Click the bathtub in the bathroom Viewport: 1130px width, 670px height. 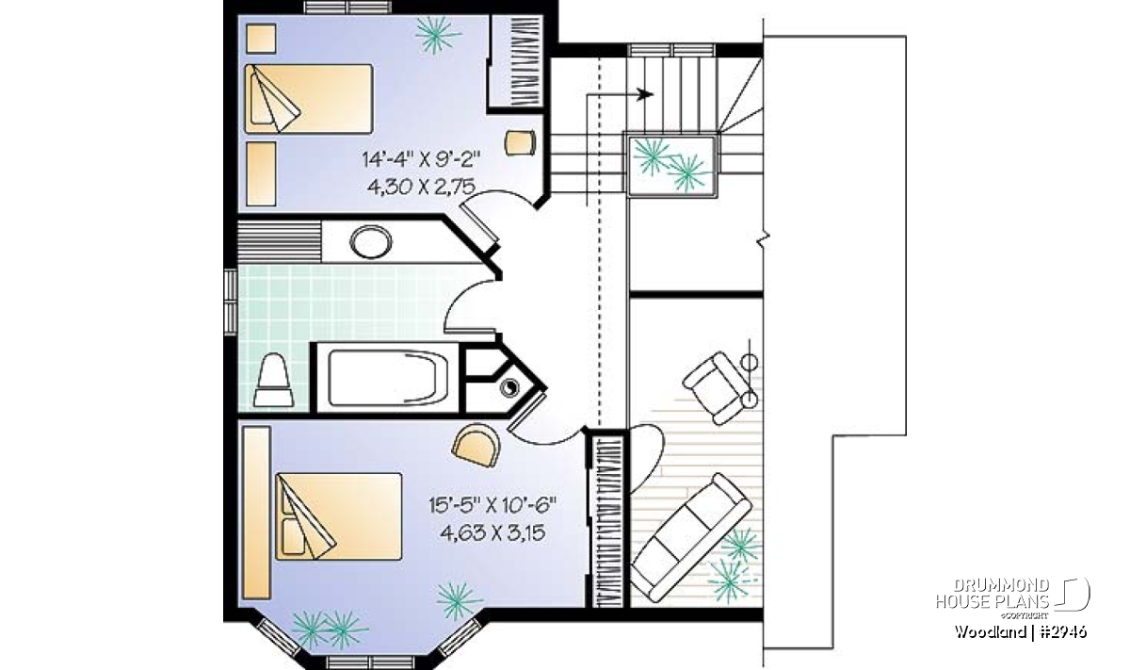388,379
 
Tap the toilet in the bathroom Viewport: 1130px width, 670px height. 273,380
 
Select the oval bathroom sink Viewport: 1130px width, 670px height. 371,242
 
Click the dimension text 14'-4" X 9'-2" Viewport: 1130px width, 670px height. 420,159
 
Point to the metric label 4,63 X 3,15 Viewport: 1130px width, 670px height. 492,532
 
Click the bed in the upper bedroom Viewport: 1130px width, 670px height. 309,99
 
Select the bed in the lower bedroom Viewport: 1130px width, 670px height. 338,516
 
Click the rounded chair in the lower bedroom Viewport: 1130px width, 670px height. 476,444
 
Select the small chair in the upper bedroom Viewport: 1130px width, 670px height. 520,142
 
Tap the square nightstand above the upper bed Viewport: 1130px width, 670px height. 261,39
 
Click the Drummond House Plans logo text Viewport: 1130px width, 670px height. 993,594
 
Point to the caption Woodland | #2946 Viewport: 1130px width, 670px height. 1020,632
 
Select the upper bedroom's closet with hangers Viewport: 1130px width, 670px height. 517,61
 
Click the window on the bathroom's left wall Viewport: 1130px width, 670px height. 231,302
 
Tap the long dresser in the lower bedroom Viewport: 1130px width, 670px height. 257,513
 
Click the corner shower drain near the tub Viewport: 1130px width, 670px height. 508,387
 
